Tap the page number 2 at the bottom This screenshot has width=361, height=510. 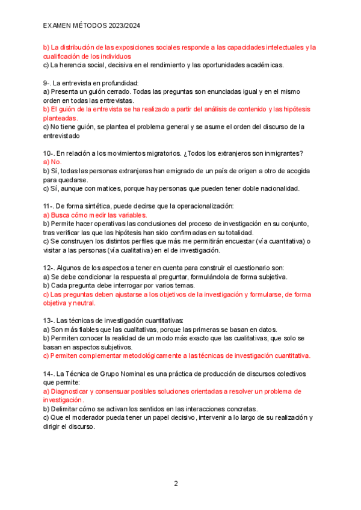(176, 483)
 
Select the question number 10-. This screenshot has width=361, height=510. (49, 153)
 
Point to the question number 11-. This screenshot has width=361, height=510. (49, 206)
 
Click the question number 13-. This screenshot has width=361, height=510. (49, 321)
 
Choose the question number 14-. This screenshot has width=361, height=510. (49, 373)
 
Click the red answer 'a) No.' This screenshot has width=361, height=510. (52, 162)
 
